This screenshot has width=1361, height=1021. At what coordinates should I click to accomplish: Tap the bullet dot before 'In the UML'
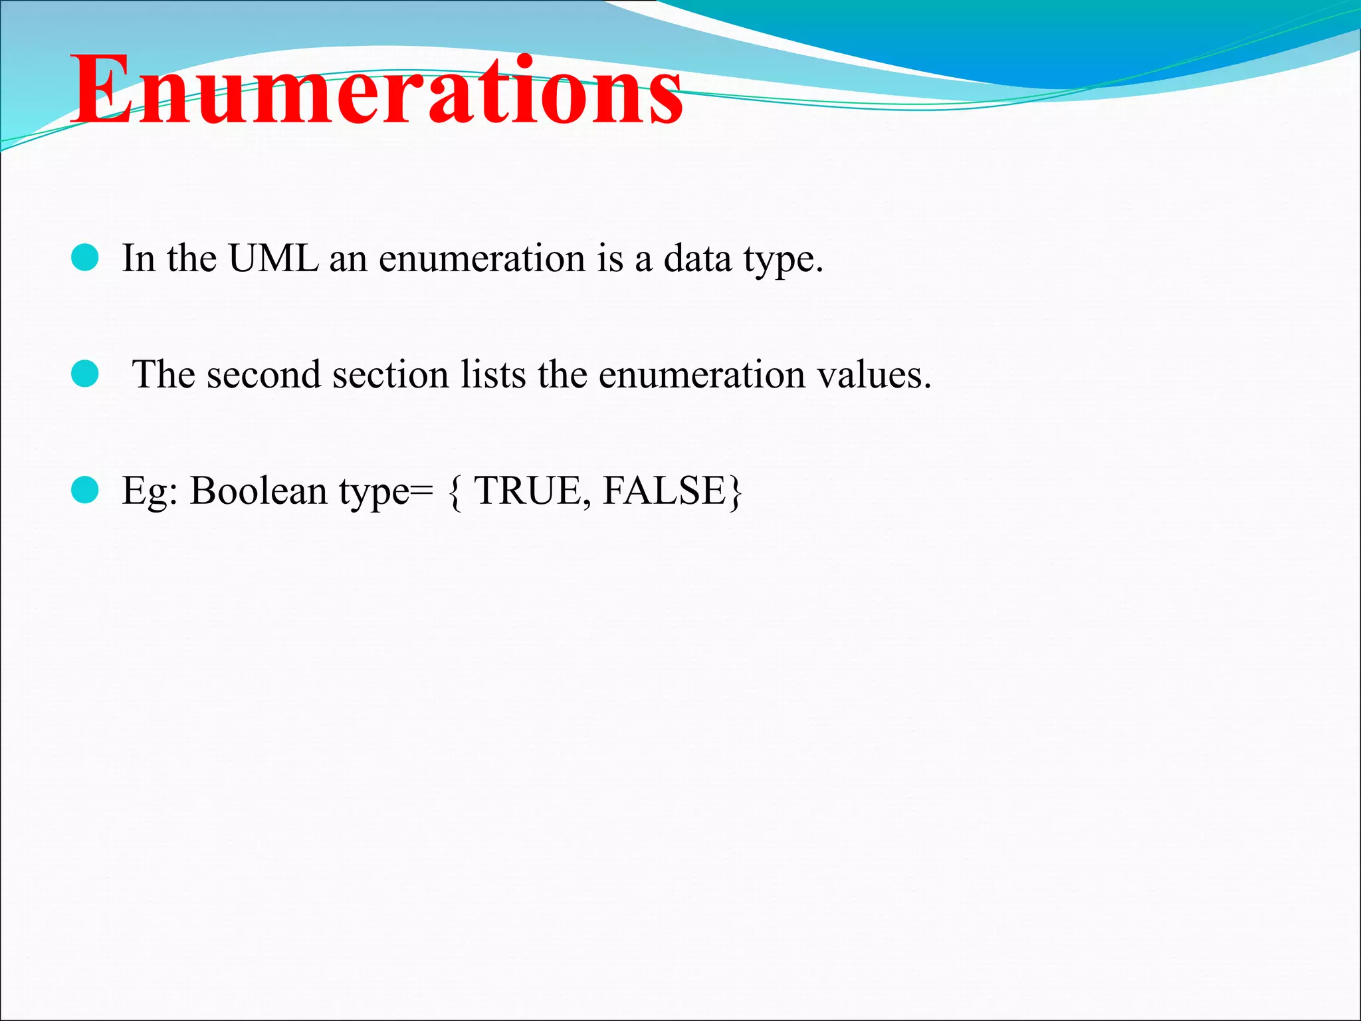(85, 258)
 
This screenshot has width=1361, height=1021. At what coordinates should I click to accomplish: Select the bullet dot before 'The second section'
(85, 374)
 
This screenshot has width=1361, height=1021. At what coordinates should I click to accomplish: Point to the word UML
(273, 258)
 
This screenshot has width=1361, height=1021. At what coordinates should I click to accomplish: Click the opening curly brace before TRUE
(455, 492)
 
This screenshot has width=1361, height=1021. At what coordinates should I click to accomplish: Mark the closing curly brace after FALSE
(735, 492)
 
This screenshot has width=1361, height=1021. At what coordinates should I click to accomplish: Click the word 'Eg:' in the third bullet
(150, 492)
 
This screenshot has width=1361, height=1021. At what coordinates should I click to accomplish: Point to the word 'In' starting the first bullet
(138, 258)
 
